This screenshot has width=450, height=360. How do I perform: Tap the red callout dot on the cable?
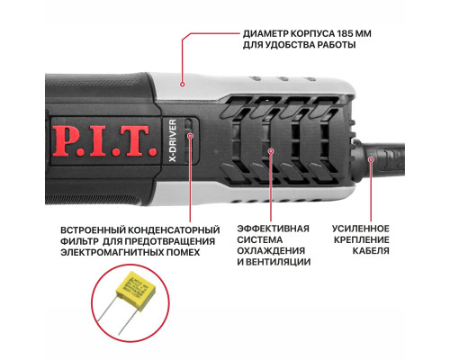(370, 160)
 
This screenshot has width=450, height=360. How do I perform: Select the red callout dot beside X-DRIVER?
(191, 135)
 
